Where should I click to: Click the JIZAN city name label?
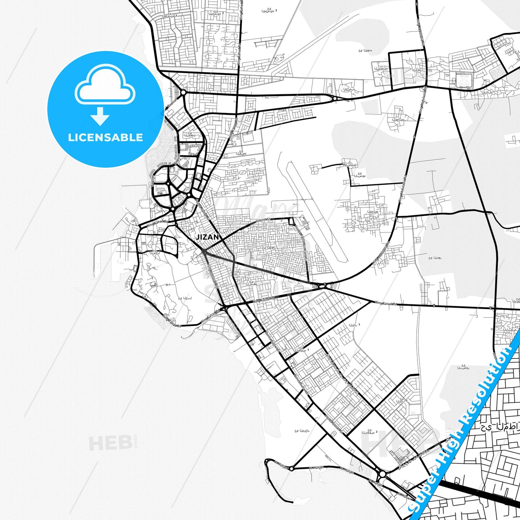click(207, 237)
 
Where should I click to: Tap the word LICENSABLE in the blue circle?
click(105, 137)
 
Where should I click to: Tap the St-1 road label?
click(168, 285)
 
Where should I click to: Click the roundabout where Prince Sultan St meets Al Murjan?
click(382, 474)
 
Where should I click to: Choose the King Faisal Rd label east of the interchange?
click(385, 304)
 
